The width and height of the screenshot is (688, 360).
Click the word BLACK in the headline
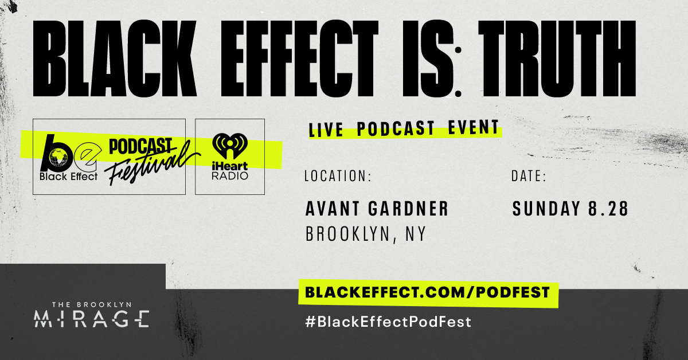pos(115,58)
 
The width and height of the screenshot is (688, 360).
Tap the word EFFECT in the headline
pos(299,58)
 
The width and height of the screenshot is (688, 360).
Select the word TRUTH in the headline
pos(557,58)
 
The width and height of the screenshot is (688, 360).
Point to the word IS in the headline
pos(428,58)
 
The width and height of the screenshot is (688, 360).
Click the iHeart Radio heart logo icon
pos(230,146)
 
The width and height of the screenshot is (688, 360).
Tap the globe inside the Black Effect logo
pos(58,158)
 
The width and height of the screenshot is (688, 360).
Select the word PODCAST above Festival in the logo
pos(140,146)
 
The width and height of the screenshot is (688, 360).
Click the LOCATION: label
pos(338,176)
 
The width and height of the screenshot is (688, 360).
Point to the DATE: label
pos(529,176)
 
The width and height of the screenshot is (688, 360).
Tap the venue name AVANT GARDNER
pos(377,209)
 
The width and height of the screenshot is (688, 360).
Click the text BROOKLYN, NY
pos(366,234)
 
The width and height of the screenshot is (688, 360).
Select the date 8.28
pos(608,209)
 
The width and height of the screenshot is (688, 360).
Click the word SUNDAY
pos(546,209)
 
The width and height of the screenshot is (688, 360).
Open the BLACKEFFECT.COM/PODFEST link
pos(427,292)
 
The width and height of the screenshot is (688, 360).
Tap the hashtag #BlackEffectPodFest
pos(388,322)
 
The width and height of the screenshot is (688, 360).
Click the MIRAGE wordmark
pos(92,319)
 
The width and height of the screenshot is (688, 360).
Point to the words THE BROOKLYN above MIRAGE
pos(92,305)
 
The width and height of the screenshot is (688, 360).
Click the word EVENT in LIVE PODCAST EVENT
pos(474,127)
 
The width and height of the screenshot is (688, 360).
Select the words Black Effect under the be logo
pos(68,177)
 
